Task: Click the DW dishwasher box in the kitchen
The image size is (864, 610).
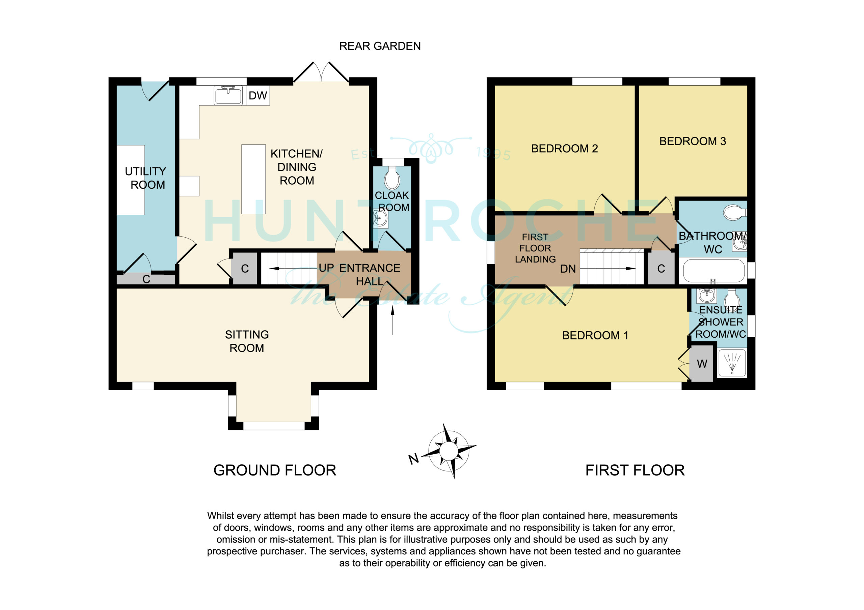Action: point(258,95)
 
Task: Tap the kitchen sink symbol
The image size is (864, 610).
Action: point(228,95)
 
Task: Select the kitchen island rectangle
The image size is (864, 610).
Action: point(253,179)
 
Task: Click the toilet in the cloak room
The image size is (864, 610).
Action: point(392,178)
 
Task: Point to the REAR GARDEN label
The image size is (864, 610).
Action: point(380,46)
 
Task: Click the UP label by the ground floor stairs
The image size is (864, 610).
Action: point(326,268)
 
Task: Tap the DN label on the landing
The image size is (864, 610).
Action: point(568,269)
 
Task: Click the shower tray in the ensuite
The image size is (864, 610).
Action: point(732,363)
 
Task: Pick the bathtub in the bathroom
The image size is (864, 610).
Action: point(713,271)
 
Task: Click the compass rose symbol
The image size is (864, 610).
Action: point(449,451)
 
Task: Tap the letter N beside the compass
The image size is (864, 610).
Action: point(413,459)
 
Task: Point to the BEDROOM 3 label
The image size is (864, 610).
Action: point(693,141)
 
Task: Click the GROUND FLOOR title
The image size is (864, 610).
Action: point(275,470)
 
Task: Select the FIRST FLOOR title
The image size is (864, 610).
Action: point(635,470)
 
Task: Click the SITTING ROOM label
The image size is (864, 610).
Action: point(247,341)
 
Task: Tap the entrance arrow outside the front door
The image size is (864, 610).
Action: point(393,320)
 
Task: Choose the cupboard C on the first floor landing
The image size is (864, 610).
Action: point(661,268)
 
